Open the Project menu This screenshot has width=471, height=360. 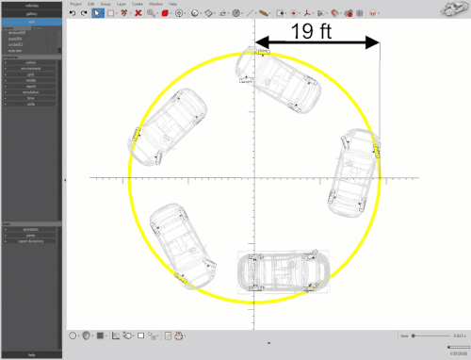pos(75,4)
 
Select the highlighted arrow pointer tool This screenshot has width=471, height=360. pos(98,14)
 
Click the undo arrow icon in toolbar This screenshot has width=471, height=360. pos(73,14)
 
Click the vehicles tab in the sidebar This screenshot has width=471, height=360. pos(31,6)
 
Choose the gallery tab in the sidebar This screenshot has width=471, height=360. pos(31,14)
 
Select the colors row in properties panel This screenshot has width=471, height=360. pos(31,62)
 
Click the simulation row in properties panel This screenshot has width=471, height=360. pos(31,92)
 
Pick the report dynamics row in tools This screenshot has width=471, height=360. pos(31,241)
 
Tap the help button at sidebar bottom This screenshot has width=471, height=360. pos(31,354)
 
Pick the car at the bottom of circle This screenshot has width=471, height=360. pos(283,271)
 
